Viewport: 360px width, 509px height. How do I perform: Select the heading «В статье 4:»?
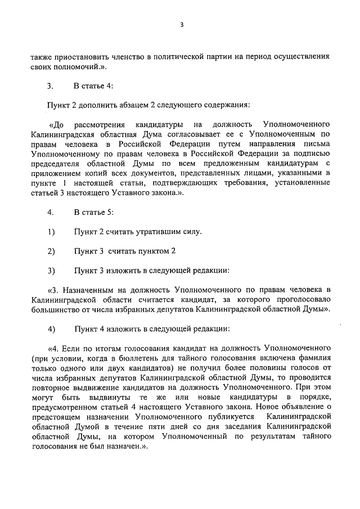(93, 85)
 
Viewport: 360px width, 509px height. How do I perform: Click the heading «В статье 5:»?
(93, 213)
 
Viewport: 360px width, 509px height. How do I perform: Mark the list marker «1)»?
(51, 231)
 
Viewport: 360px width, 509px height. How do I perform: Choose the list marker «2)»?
(51, 250)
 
